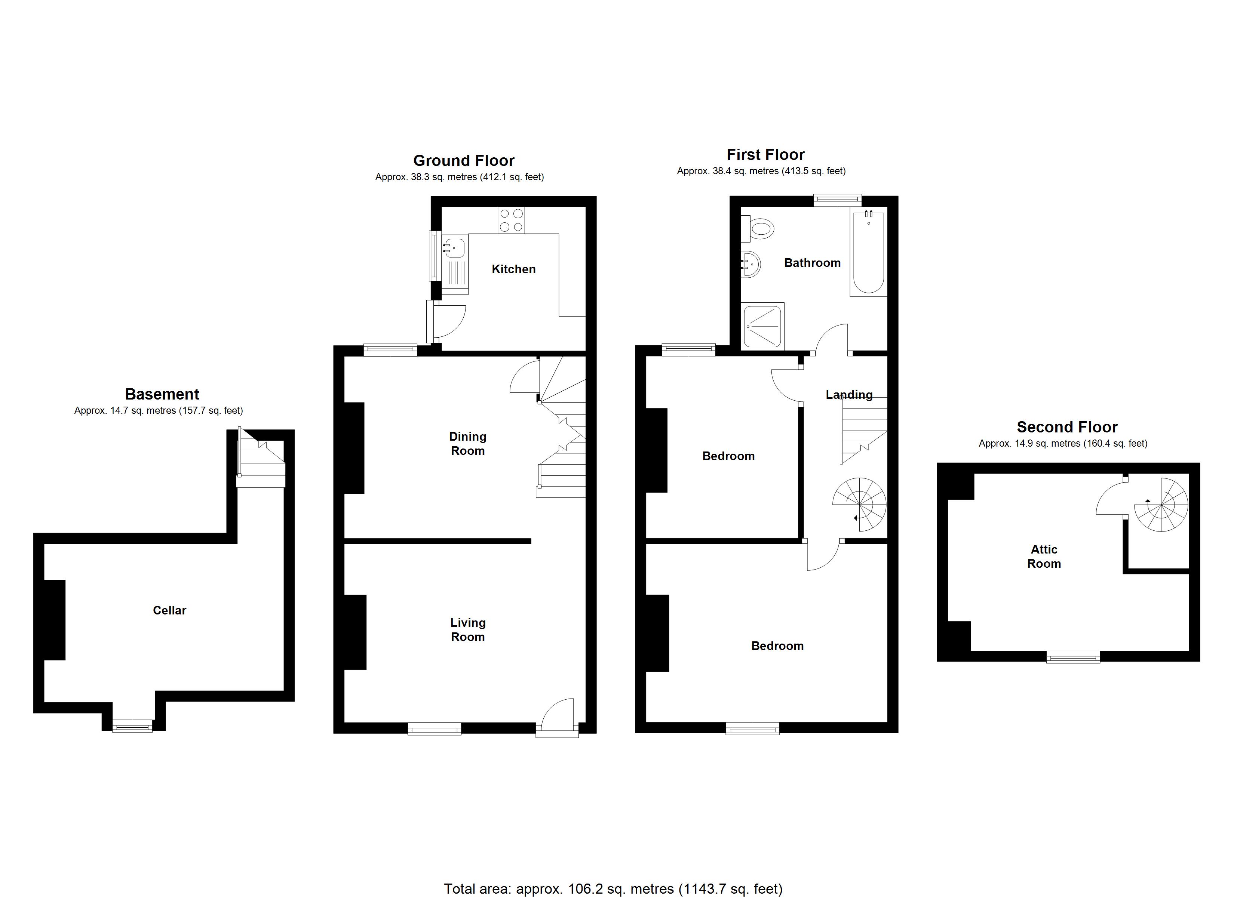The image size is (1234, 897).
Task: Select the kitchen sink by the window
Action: [x=454, y=248]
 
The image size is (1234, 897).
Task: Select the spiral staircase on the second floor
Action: [x=1161, y=505]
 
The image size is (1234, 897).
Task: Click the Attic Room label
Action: [x=1044, y=557]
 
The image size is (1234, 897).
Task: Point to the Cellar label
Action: [x=169, y=610]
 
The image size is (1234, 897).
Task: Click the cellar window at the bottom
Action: [x=132, y=726]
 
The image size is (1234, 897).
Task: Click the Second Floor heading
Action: [x=1066, y=427]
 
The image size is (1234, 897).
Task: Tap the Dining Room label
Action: [x=467, y=443]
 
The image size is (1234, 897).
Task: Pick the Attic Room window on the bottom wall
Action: [x=1073, y=658]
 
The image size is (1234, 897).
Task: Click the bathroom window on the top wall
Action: [x=837, y=200]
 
